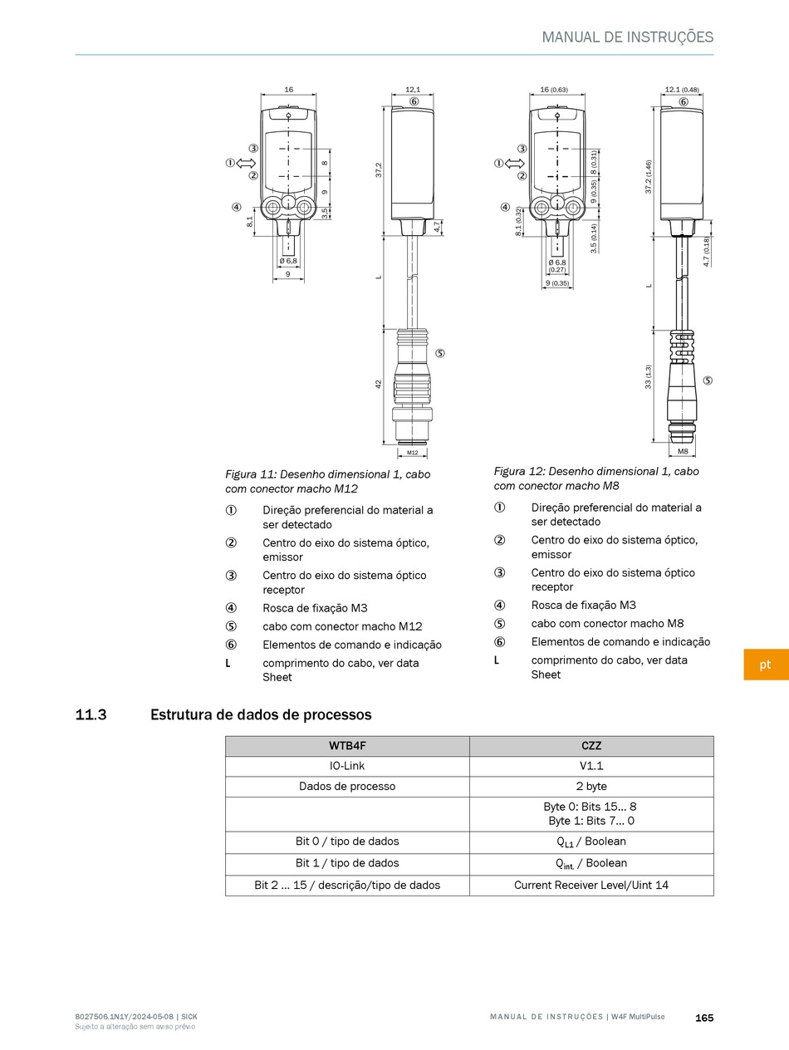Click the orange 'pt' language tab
[765, 665]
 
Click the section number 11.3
[91, 714]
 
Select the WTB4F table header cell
[347, 746]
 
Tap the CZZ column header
[591, 746]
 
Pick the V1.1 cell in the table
[591, 766]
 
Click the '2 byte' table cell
[591, 786]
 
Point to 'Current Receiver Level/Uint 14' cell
[591, 885]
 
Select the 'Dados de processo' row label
[347, 786]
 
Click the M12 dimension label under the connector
[412, 453]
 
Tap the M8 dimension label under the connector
[683, 451]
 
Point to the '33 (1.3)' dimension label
[649, 376]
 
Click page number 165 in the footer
[704, 1018]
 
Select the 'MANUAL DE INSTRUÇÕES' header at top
[627, 37]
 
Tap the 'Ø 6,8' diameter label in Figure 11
[288, 261]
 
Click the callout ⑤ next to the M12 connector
[440, 353]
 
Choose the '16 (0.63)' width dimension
[554, 89]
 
